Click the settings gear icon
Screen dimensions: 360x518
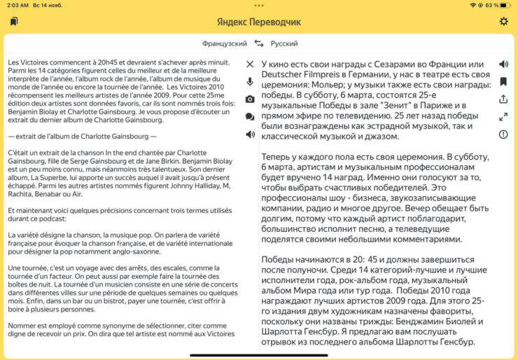[x=503, y=22]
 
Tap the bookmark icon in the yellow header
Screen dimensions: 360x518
[x=14, y=22]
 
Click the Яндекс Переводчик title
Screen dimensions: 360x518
[x=258, y=22]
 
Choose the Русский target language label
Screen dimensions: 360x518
[x=283, y=43]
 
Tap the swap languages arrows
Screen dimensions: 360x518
[x=259, y=43]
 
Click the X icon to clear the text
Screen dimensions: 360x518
[x=250, y=64]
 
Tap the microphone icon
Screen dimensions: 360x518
[x=250, y=82]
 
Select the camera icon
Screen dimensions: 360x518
[x=250, y=99]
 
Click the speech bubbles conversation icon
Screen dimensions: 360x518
[x=250, y=116]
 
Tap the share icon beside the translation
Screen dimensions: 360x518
[x=503, y=99]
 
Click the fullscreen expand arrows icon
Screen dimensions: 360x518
[x=503, y=117]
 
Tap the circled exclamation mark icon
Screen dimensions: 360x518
[x=503, y=134]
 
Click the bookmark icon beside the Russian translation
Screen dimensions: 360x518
[x=503, y=82]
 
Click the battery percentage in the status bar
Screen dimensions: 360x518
[x=491, y=5]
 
